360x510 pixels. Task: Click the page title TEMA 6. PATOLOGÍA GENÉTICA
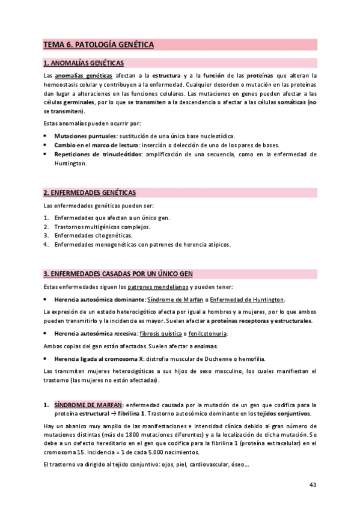(x=98, y=45)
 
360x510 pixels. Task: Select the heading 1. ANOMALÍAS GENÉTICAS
(x=84, y=63)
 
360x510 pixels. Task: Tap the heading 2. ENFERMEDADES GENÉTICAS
(x=90, y=192)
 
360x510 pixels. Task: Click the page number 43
(x=313, y=485)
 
